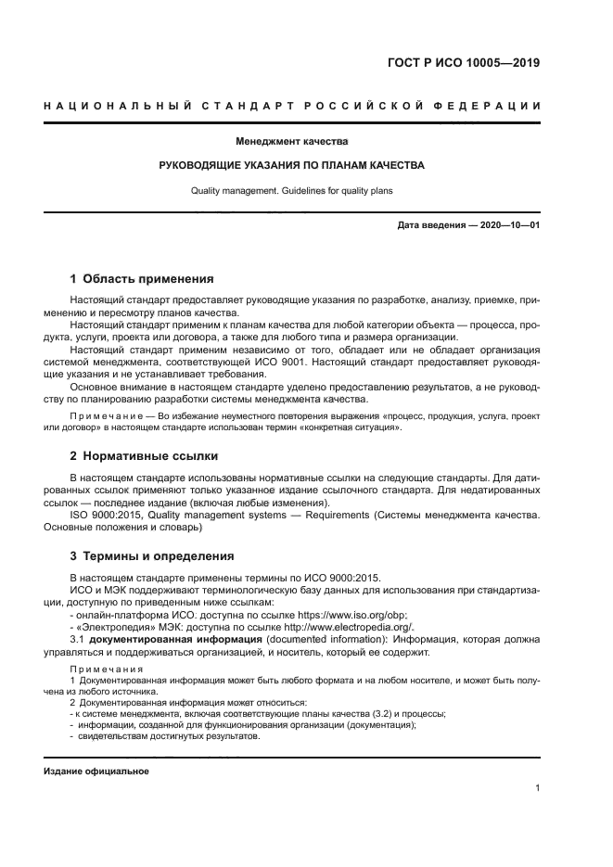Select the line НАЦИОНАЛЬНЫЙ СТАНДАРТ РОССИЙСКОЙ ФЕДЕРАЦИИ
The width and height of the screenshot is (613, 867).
pyautogui.click(x=292, y=107)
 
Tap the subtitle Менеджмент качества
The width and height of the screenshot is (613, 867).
pyautogui.click(x=292, y=143)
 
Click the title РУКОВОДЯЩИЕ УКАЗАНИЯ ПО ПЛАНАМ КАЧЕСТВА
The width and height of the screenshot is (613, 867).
pyautogui.click(x=292, y=167)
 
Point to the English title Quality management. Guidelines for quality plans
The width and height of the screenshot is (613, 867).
pyautogui.click(x=292, y=191)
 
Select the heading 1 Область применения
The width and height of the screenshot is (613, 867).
pyautogui.click(x=143, y=278)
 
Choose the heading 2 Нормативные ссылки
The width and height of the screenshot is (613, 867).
pyautogui.click(x=145, y=456)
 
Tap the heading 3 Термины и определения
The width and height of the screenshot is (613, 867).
pyautogui.click(x=153, y=556)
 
